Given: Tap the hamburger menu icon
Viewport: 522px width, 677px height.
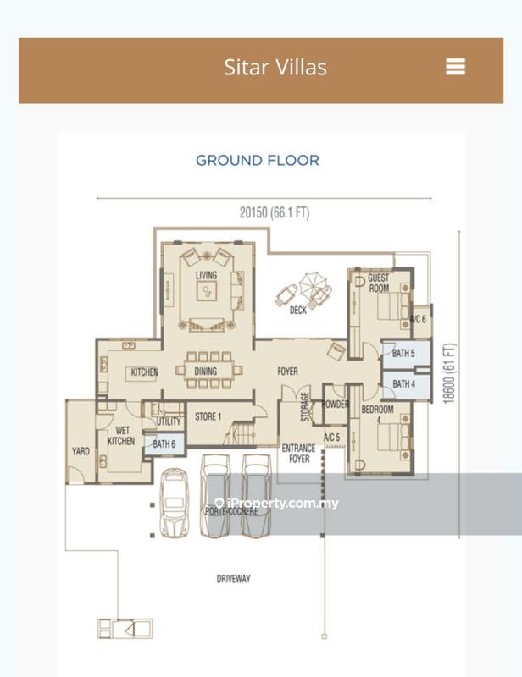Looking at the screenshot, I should (455, 67).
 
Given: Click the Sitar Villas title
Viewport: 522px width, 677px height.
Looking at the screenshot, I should (275, 68).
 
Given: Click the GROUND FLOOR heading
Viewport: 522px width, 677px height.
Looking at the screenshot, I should (257, 160).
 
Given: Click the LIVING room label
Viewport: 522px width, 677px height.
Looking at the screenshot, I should (206, 275).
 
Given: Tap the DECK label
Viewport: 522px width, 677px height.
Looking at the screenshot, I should (297, 311).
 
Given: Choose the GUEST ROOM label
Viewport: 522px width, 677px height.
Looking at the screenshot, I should (379, 283).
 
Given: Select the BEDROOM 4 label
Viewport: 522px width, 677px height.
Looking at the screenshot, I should (378, 414).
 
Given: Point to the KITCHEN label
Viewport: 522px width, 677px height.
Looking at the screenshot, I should (144, 372).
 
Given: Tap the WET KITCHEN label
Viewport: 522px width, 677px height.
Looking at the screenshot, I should (120, 436).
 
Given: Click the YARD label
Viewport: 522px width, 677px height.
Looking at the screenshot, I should (80, 451).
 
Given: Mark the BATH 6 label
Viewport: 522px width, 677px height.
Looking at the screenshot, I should (164, 443).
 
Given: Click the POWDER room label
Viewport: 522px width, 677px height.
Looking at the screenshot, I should (336, 405).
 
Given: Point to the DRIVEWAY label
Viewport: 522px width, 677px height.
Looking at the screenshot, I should (233, 579).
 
